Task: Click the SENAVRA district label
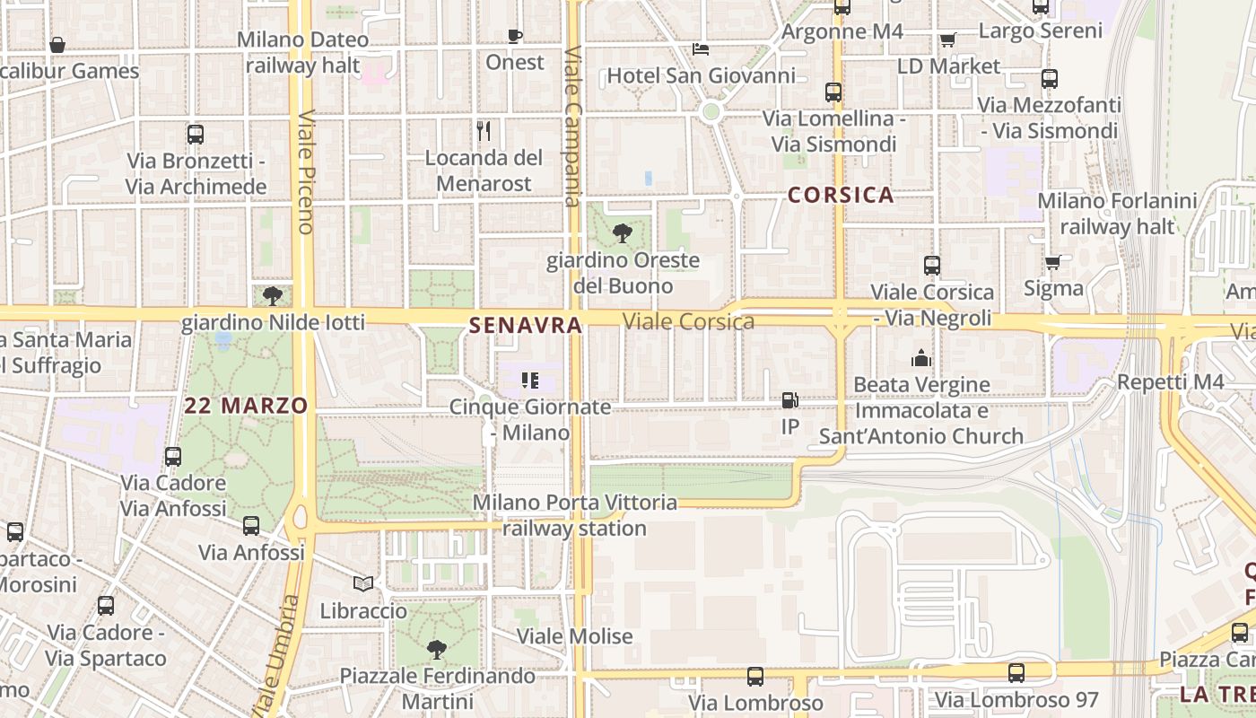526,326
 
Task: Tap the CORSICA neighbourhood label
841,195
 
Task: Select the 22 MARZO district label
246,406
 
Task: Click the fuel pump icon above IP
789,400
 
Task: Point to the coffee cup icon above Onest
515,36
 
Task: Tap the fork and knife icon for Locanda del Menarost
484,131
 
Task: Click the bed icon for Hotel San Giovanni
701,48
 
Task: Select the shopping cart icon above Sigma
1052,262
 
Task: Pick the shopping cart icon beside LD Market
948,39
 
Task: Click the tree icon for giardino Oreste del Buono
622,234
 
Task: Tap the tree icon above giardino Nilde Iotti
273,295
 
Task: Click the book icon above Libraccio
363,584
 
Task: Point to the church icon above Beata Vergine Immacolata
921,359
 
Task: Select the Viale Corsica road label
688,321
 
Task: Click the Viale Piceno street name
305,171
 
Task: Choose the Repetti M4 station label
1170,382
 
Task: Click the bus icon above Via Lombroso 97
1016,673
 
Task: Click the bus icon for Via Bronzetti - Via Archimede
196,135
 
